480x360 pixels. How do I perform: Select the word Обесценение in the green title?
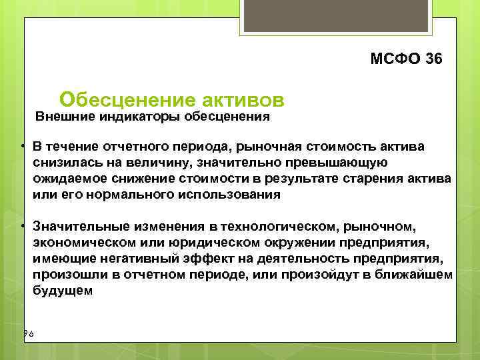127,99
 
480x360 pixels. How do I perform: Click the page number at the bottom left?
28,333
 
